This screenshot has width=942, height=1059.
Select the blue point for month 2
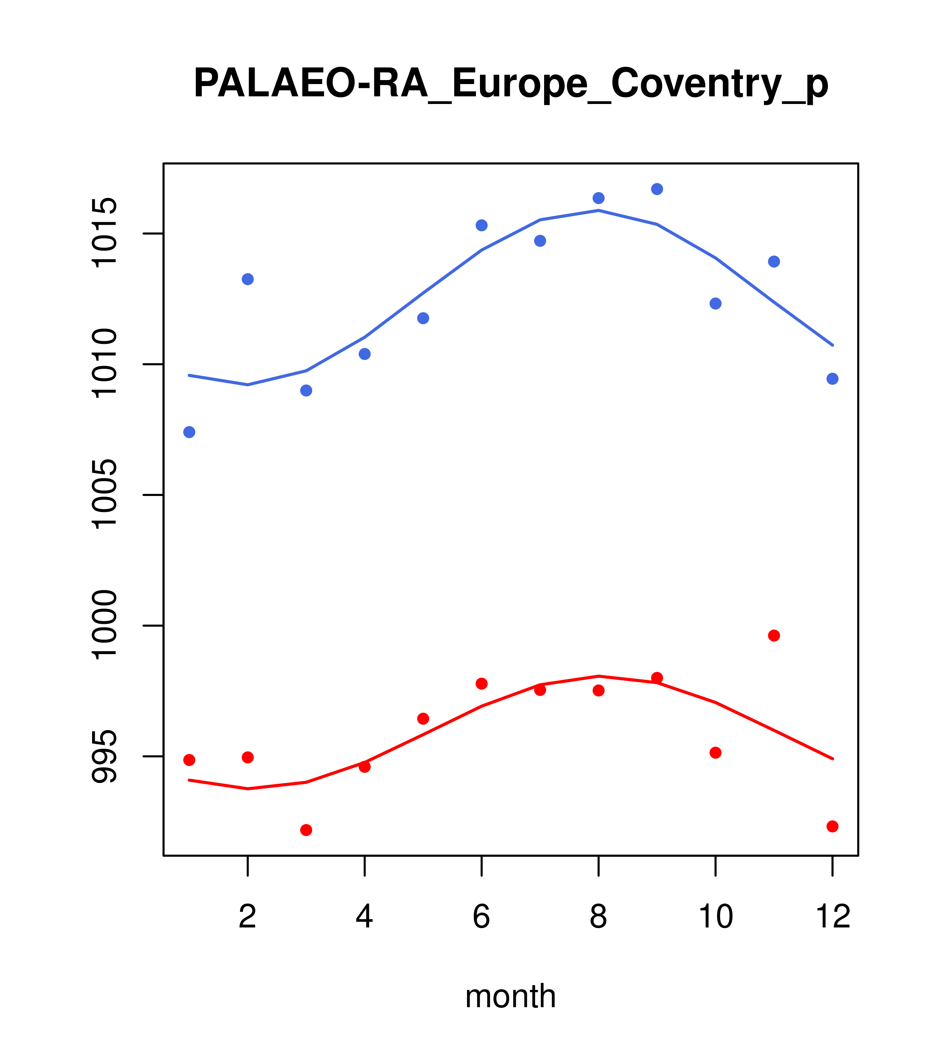248,279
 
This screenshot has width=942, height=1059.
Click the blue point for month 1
189,432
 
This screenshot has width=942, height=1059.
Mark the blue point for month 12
833,379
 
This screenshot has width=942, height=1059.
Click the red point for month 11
774,636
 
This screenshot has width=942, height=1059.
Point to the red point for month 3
306,830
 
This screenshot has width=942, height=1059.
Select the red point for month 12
833,826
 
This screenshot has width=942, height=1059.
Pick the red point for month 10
715,753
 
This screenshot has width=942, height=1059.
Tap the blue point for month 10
715,304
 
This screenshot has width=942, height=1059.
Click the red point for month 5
423,719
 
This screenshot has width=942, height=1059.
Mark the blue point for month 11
774,262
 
